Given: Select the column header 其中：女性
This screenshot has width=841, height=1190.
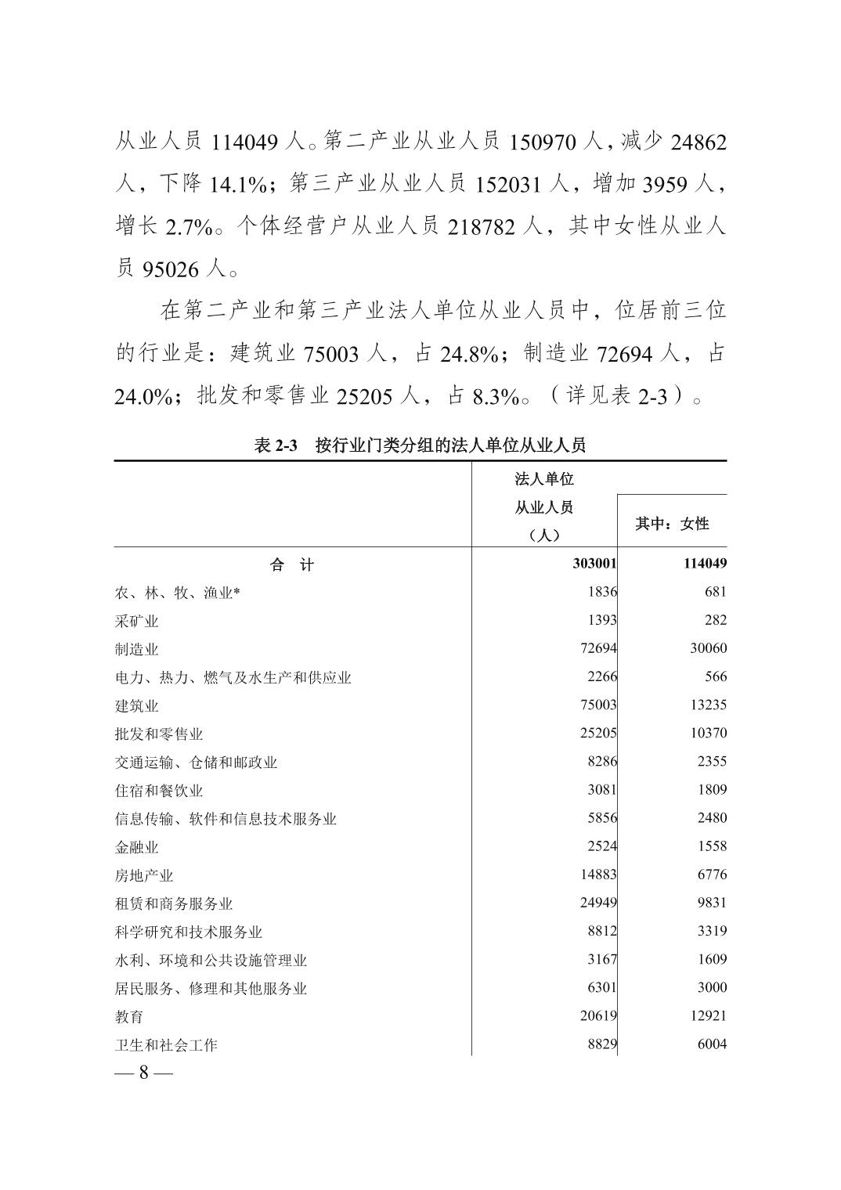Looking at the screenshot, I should click(672, 524).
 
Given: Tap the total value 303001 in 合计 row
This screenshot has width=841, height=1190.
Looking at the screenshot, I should click(594, 564).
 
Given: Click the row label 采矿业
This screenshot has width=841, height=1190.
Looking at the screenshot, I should click(137, 621).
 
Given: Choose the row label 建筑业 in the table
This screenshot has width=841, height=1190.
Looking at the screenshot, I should click(137, 705).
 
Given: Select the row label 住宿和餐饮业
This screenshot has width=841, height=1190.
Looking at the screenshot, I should click(159, 790).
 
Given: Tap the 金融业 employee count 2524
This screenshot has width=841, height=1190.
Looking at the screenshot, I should click(602, 846).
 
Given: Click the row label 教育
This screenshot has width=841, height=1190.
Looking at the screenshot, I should click(129, 1016).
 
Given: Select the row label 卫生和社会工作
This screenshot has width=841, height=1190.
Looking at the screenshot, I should click(166, 1044).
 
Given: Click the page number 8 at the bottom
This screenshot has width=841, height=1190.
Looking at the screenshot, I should click(144, 1073).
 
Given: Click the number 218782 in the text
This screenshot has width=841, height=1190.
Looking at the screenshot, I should click(482, 228).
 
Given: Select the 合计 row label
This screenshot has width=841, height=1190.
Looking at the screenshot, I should click(292, 564).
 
